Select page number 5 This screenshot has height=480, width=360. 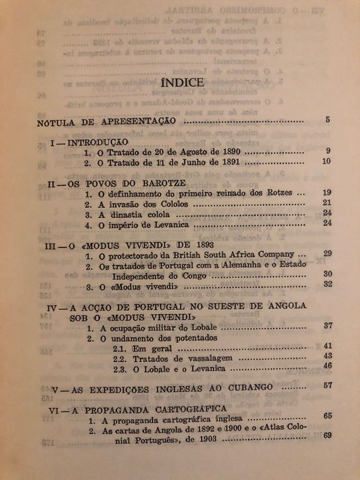328,120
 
